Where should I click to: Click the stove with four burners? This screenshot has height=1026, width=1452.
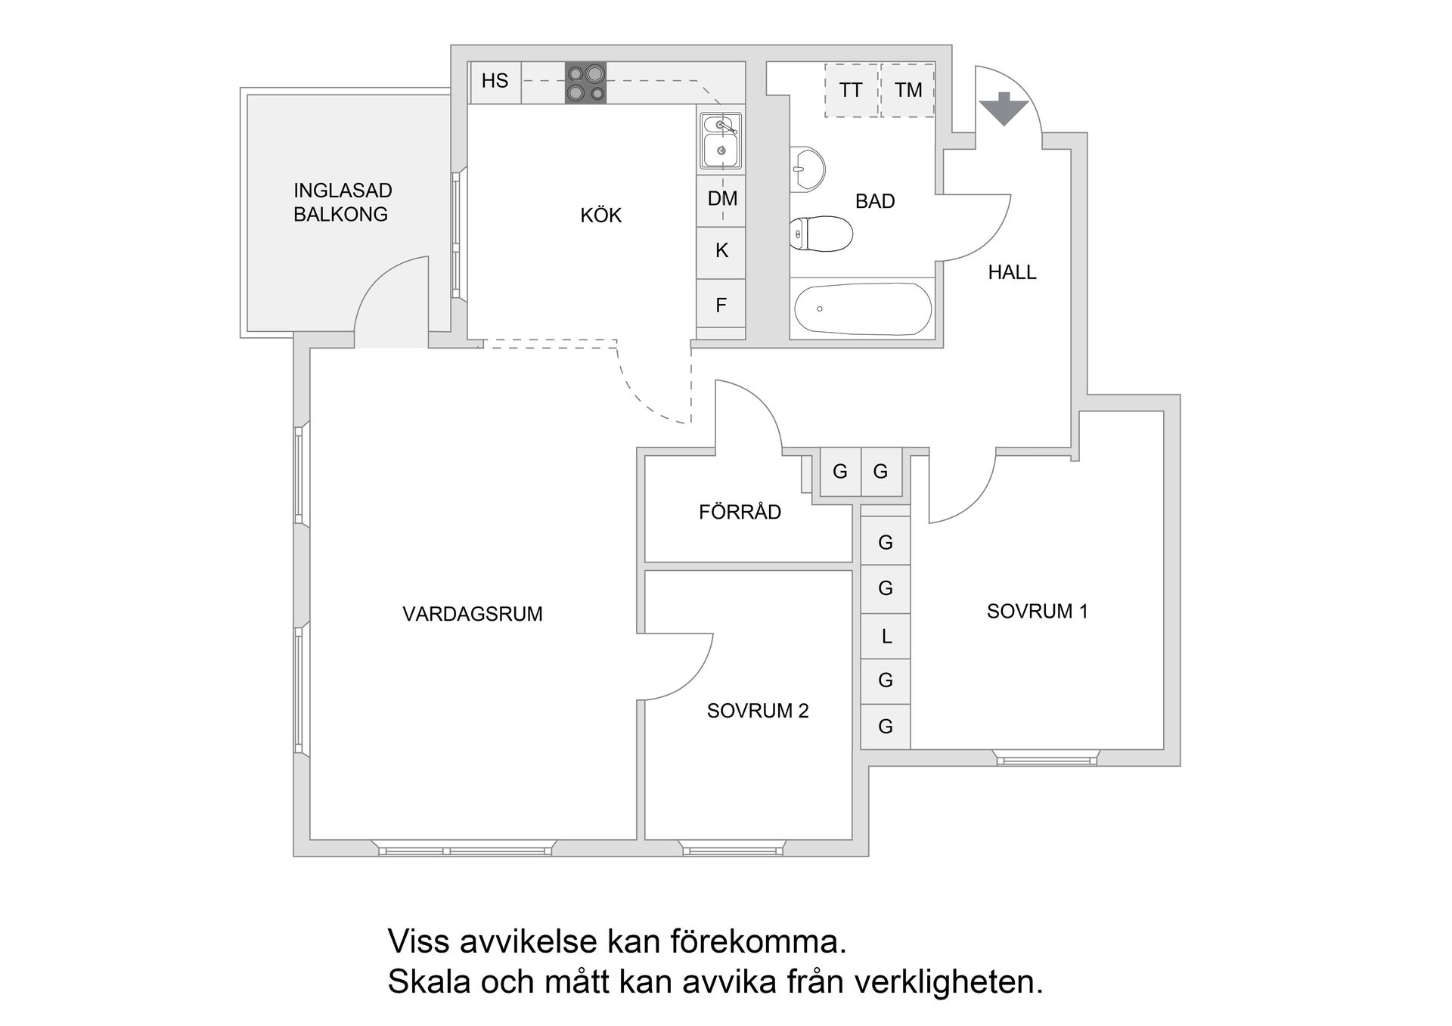[x=586, y=82]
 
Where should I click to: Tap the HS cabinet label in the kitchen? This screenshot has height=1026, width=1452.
[x=495, y=81]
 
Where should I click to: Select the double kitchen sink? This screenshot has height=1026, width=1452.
[x=721, y=141]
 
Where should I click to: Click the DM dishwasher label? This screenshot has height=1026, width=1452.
[x=722, y=199]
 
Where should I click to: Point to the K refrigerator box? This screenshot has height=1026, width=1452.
[x=721, y=251]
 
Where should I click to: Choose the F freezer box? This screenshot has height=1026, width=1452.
[x=721, y=305]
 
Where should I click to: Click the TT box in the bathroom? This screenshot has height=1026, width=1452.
[x=851, y=90]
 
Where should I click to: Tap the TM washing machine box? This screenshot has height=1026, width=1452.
[x=908, y=90]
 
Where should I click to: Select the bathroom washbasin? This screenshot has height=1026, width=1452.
[x=807, y=168]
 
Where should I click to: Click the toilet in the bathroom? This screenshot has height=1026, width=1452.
[x=820, y=233]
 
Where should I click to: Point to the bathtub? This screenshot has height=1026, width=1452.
[x=862, y=308]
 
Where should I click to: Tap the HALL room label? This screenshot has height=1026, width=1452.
[x=1012, y=272]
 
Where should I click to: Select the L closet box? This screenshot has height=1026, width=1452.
[x=886, y=637]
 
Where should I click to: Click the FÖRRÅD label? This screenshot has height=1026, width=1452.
[x=740, y=512]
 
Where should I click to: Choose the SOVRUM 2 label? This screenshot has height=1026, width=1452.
[x=758, y=711]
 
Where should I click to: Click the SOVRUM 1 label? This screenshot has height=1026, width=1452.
[x=1037, y=611]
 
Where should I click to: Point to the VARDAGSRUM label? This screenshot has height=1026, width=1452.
[x=473, y=614]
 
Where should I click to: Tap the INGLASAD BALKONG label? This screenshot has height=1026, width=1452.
[x=342, y=202]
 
